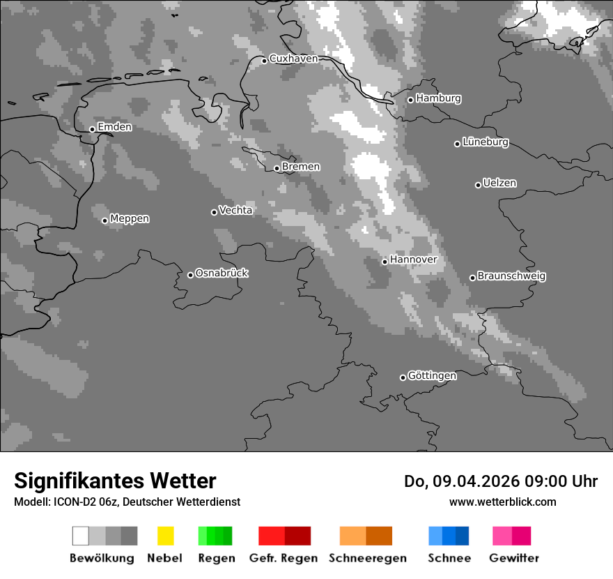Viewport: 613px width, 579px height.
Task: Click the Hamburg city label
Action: click(438, 98)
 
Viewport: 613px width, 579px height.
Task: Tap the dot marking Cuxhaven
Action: click(265, 61)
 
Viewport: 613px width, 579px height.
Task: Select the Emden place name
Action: click(114, 127)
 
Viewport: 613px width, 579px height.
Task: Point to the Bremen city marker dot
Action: click(277, 168)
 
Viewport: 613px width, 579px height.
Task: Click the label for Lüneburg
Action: click(486, 142)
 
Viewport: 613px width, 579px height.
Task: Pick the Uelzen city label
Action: click(499, 183)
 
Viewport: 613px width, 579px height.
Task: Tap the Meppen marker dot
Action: click(105, 220)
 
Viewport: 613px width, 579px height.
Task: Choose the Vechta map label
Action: click(235, 210)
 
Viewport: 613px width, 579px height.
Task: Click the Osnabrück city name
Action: click(222, 273)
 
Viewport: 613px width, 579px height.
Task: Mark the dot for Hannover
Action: click(385, 262)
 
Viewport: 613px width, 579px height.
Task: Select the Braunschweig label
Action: click(511, 276)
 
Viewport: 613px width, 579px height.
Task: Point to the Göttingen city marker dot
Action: click(403, 377)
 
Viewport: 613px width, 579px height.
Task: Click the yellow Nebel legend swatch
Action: click(165, 536)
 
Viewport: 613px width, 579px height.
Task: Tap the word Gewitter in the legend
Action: click(514, 558)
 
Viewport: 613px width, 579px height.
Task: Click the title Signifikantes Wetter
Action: click(115, 481)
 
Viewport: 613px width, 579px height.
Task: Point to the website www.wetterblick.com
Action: click(502, 502)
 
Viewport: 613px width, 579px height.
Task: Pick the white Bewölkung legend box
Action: click(81, 536)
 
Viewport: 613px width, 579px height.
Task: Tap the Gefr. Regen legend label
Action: click(283, 558)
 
